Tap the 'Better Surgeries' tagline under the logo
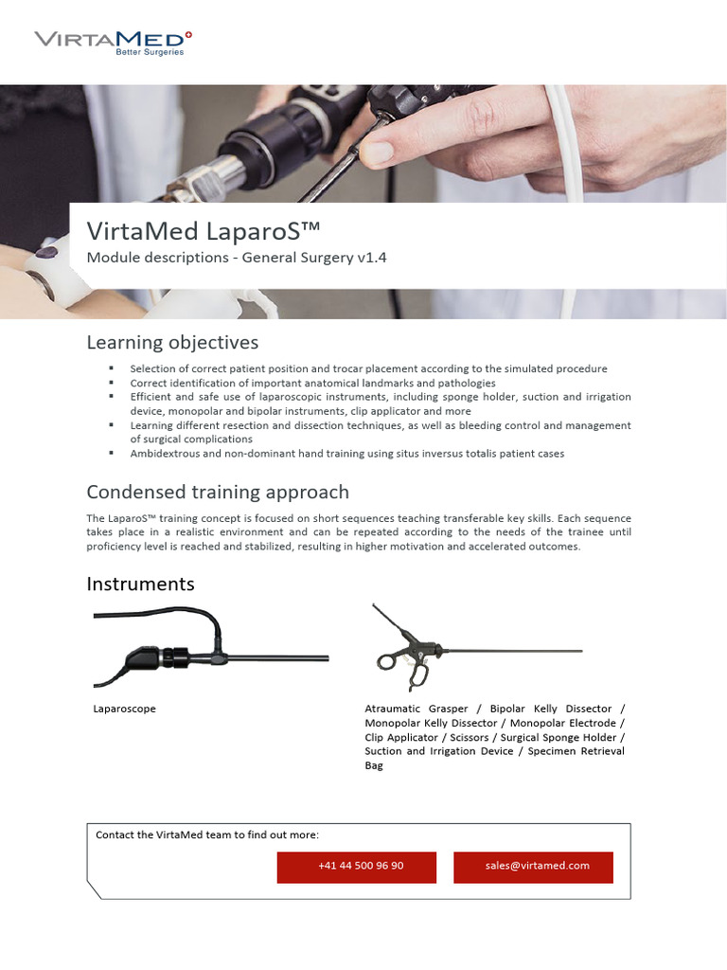click(x=150, y=53)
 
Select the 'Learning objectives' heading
click(x=172, y=342)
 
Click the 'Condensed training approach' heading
click(x=218, y=492)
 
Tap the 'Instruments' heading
click(x=140, y=584)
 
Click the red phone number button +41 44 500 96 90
click(x=357, y=866)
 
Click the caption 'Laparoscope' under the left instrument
click(x=124, y=709)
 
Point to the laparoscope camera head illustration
click(x=145, y=656)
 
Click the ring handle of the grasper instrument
click(x=387, y=661)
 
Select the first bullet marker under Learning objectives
click(x=111, y=368)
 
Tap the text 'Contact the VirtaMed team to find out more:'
click(x=207, y=835)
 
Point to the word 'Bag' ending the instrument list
click(x=374, y=765)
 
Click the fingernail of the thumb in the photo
click(x=378, y=151)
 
